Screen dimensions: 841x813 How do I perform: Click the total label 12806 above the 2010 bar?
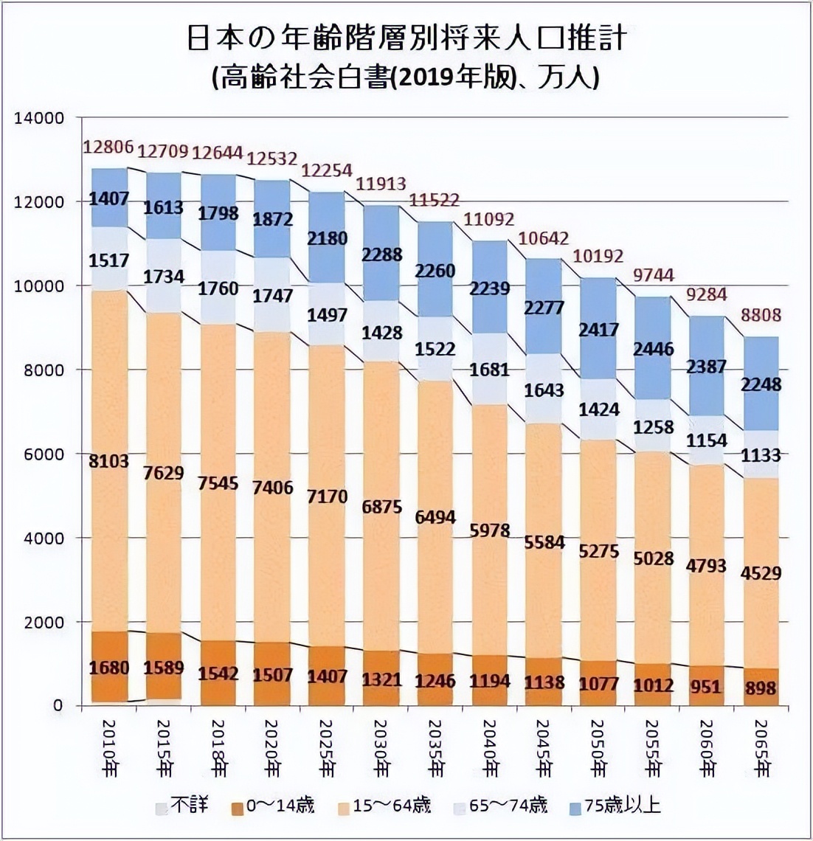pos(108,148)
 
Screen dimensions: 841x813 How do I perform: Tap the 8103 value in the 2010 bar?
pos(109,462)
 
